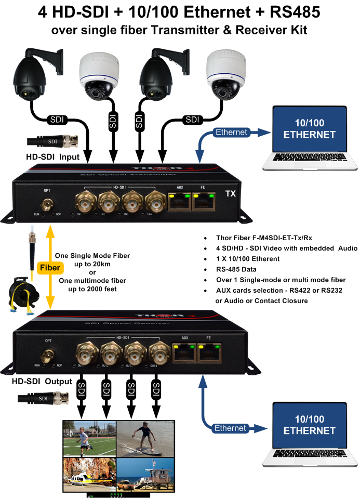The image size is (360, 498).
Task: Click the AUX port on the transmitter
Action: click(179, 201)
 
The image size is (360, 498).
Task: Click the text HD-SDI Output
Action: click(42, 382)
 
